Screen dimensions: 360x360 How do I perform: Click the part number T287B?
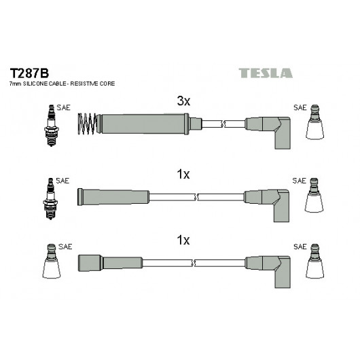[29, 73]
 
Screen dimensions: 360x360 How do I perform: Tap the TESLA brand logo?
[266, 73]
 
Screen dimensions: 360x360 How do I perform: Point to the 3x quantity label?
[183, 101]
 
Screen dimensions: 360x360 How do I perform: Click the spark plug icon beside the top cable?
[52, 126]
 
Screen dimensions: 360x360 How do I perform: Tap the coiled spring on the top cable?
[87, 124]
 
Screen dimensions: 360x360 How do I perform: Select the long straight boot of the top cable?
[143, 124]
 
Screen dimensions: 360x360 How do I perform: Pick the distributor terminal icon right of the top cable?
[314, 122]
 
